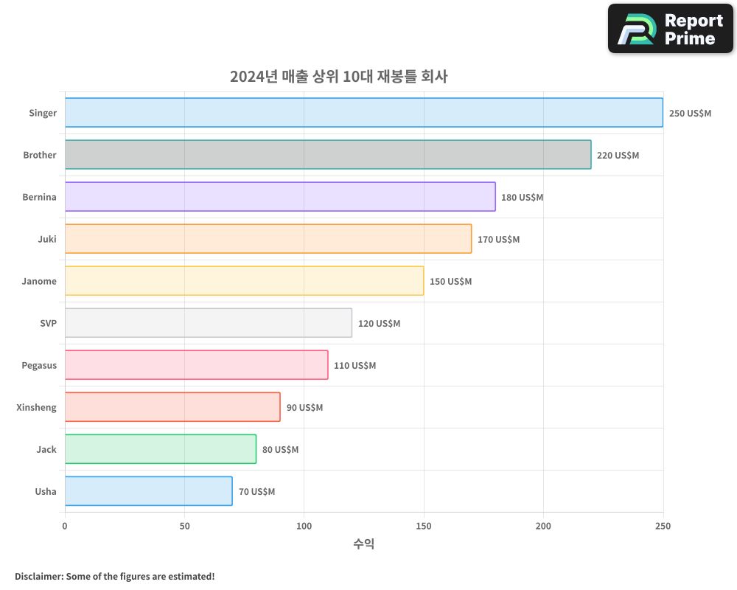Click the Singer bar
363,113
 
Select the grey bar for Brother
328,155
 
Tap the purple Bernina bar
280,197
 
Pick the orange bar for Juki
268,239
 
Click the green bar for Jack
161,449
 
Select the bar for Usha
148,491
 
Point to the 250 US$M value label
690,114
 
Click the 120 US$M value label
379,324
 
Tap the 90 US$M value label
304,408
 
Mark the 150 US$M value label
450,282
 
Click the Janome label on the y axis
39,281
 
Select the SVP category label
48,323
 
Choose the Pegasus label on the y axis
39,365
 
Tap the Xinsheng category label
36,407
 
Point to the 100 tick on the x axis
304,526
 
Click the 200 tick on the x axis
543,526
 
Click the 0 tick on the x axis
65,526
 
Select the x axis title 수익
363,544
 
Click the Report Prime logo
670,29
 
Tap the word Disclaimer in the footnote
38,576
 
